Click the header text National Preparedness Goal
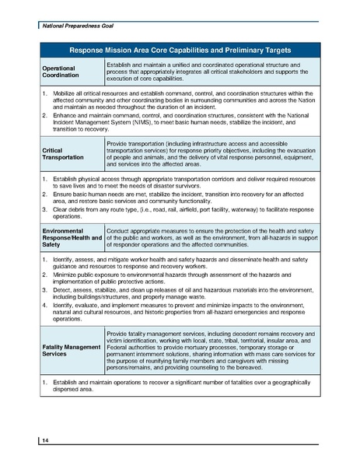(74, 26)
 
